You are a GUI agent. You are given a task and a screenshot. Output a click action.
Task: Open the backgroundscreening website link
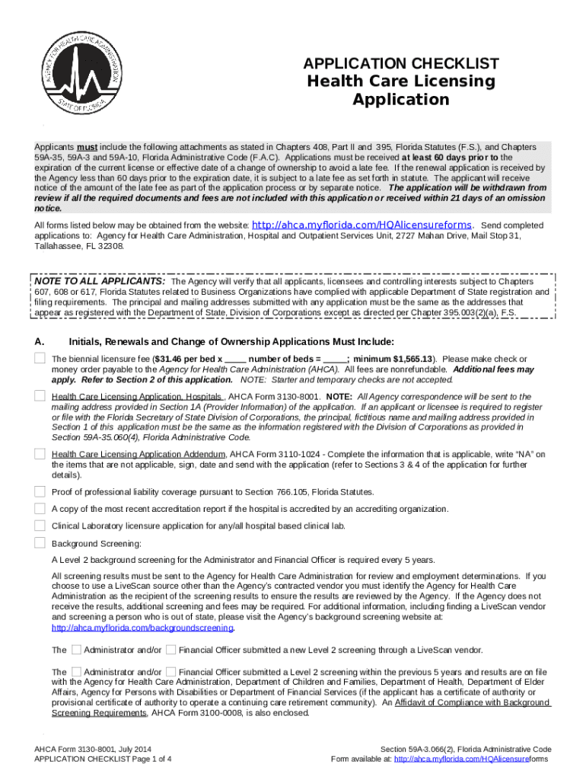pyautogui.click(x=142, y=628)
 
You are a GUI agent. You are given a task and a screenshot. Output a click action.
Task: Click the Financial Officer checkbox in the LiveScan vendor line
pyautogui.click(x=171, y=650)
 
